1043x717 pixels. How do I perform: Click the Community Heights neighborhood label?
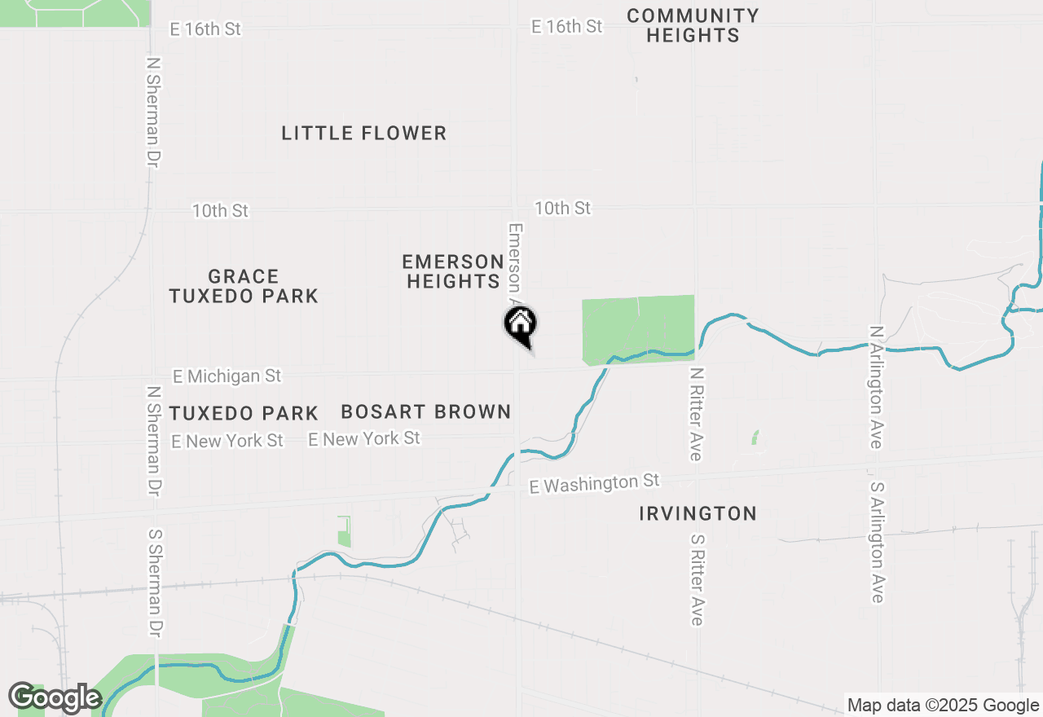click(x=693, y=25)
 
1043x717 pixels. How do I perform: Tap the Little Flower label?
click(x=364, y=133)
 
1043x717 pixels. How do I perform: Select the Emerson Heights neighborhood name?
click(x=452, y=271)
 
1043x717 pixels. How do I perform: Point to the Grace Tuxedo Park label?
click(x=244, y=286)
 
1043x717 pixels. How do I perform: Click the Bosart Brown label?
click(x=425, y=412)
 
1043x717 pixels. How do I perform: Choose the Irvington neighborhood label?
click(x=698, y=513)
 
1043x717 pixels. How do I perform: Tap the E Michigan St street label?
click(x=227, y=376)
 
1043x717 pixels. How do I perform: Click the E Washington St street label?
click(x=594, y=483)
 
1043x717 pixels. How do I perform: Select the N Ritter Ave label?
click(x=696, y=413)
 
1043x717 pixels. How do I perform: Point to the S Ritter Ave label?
click(x=696, y=579)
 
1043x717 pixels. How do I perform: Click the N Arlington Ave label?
click(x=877, y=387)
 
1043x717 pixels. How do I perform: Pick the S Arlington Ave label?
click(x=877, y=542)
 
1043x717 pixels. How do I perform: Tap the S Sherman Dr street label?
click(x=155, y=583)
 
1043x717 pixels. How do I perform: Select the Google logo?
click(x=55, y=697)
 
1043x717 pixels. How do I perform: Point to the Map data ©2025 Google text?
click(x=943, y=706)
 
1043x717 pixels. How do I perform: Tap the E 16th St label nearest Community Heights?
click(x=566, y=26)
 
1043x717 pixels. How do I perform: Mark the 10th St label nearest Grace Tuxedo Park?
click(x=220, y=211)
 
